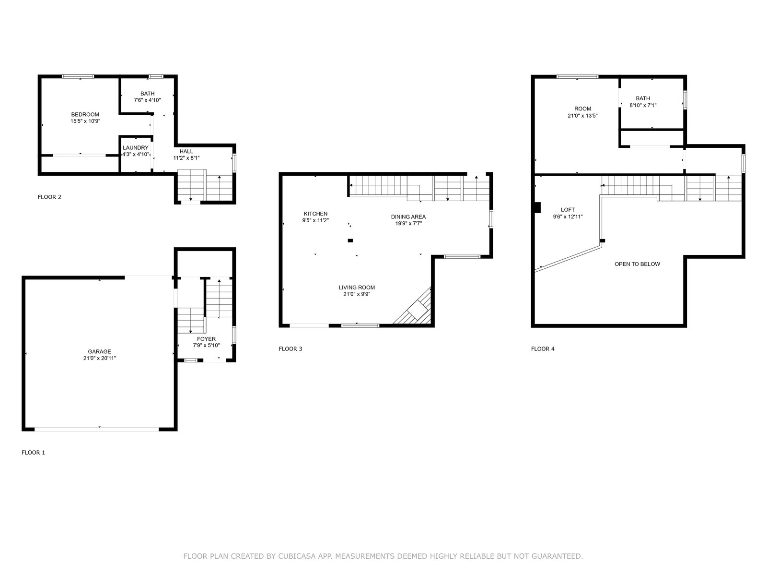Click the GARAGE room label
(x=99, y=351)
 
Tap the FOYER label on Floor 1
(x=206, y=339)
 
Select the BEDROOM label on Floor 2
(x=85, y=114)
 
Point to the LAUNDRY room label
(x=136, y=148)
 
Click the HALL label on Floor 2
(x=186, y=151)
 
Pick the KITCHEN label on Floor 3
(x=315, y=214)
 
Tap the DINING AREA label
(x=408, y=217)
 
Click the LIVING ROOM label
(x=357, y=288)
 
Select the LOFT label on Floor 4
(x=568, y=210)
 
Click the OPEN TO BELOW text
(x=637, y=264)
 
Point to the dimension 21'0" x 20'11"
(x=99, y=358)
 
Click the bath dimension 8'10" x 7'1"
(x=643, y=105)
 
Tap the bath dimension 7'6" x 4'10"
(x=147, y=100)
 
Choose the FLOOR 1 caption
(x=33, y=453)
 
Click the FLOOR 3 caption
(x=290, y=348)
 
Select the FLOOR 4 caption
(x=542, y=348)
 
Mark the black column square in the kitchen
(x=350, y=240)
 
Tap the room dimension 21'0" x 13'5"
(x=582, y=115)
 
